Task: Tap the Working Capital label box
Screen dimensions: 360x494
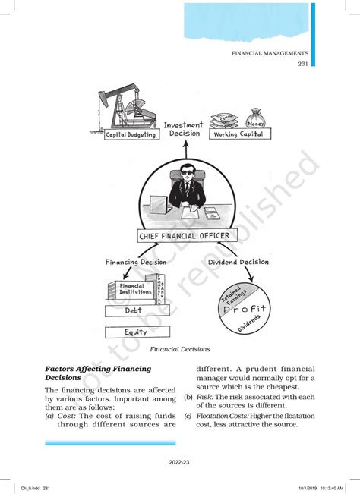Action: [238, 134]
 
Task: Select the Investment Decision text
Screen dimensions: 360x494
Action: [183, 128]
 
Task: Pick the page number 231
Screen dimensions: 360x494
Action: [302, 64]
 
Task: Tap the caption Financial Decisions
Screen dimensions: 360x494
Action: [180, 349]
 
